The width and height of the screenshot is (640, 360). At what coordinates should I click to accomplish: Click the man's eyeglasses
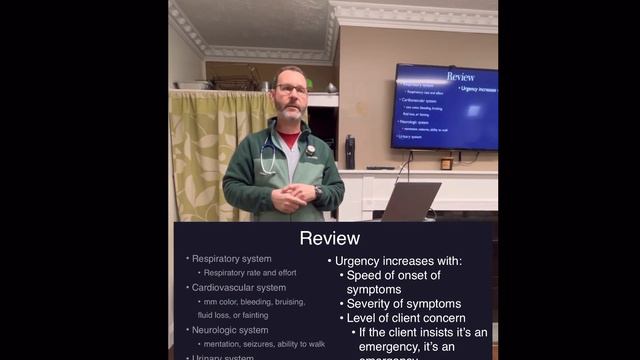click(291, 90)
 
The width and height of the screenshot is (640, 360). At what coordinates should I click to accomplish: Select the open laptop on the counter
click(411, 202)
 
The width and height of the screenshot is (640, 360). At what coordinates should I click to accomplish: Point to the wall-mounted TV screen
click(444, 106)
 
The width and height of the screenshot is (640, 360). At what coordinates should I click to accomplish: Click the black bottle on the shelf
click(349, 151)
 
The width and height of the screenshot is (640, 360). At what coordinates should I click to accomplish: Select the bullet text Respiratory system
click(231, 259)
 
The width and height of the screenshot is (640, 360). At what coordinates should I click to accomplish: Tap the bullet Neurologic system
click(230, 330)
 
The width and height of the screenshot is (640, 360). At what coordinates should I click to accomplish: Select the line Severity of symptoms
click(403, 304)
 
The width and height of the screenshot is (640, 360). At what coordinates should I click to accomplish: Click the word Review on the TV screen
click(460, 76)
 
